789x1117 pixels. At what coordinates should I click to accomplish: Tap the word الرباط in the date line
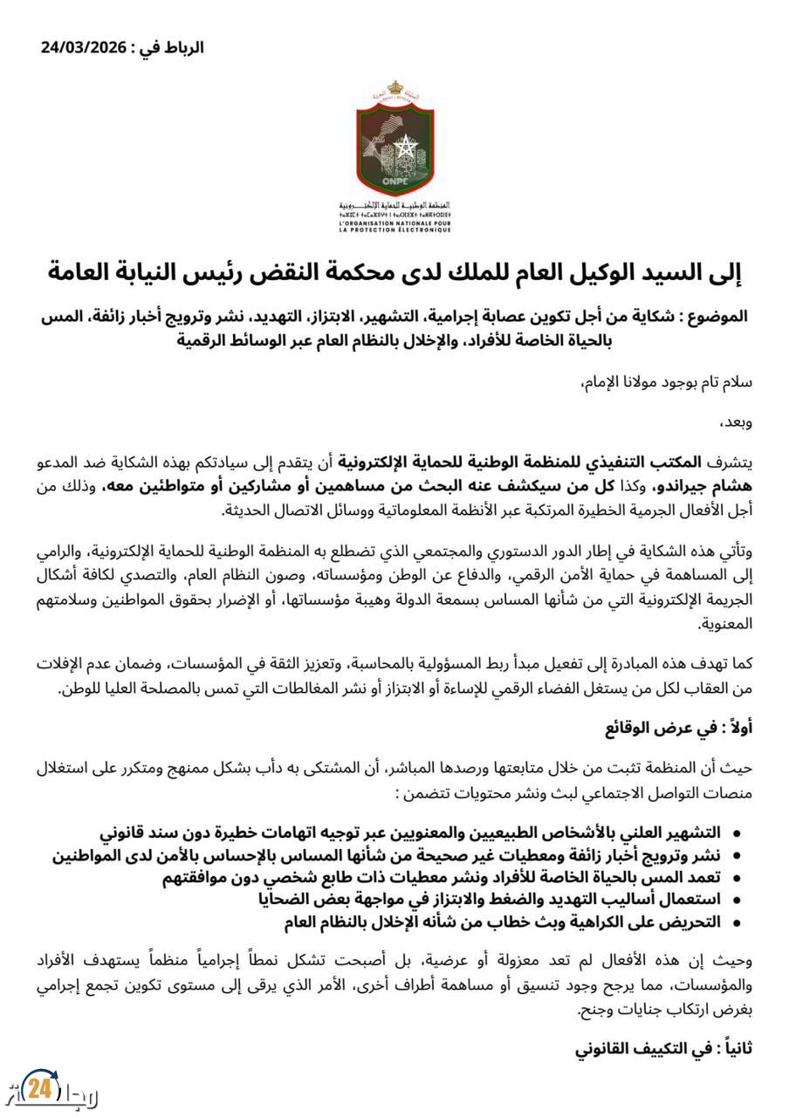[x=182, y=48]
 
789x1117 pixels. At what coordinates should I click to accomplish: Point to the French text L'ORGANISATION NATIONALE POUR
[x=394, y=223]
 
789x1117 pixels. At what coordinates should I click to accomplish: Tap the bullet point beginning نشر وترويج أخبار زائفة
[x=388, y=854]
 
